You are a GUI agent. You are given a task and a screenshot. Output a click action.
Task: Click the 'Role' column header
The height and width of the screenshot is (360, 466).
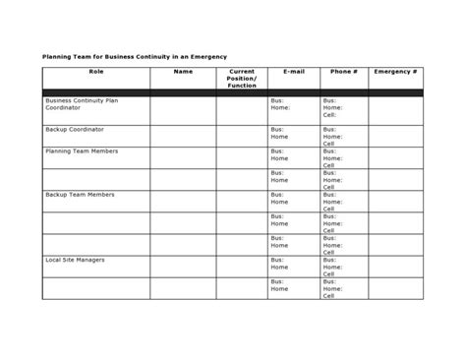95,72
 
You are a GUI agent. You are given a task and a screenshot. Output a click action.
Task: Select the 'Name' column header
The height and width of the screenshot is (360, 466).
183,72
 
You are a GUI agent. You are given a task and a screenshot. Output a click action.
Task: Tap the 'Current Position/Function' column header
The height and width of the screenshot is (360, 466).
241,78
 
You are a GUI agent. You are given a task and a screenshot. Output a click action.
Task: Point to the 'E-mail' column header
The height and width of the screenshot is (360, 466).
293,72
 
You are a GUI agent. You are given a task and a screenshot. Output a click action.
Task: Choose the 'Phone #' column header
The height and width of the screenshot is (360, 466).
344,72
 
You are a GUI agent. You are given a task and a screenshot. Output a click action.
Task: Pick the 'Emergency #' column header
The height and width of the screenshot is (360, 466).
396,72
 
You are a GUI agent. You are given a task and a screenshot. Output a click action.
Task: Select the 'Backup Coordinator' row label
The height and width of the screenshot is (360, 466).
75,129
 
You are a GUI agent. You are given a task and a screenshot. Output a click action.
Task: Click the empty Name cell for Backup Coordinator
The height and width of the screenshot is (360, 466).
183,136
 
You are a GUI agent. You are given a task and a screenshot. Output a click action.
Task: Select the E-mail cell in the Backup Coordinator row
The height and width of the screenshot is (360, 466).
293,136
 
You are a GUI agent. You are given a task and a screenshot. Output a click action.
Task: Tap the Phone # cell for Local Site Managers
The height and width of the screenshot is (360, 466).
344,266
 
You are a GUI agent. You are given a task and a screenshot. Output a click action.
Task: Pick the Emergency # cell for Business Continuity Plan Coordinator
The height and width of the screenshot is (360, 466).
396,110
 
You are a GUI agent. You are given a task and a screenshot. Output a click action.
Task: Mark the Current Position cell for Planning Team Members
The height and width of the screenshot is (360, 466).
241,157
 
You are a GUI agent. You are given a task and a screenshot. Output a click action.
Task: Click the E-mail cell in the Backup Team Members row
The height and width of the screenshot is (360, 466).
293,201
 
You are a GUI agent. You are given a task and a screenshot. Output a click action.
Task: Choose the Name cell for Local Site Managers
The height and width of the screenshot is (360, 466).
183,266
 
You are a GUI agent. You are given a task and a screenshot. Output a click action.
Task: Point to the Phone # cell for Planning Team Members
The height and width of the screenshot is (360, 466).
344,157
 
